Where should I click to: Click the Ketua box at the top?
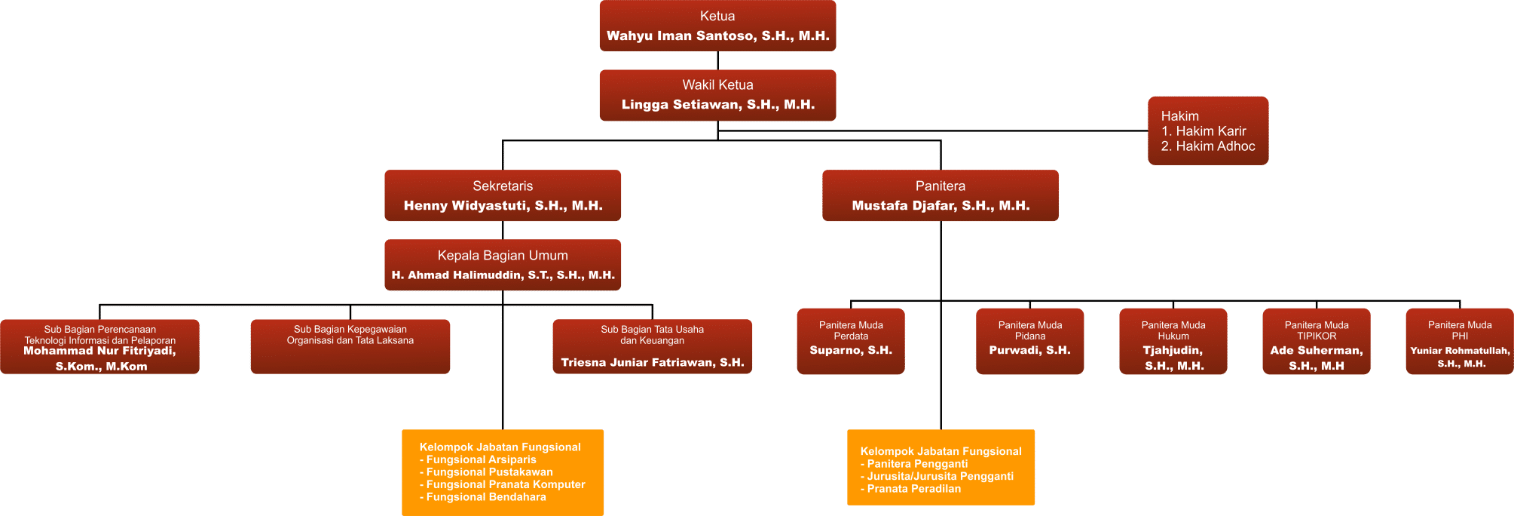[717, 26]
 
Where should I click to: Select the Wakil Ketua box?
[717, 95]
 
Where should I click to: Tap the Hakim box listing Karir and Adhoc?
[1208, 131]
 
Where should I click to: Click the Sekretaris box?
[503, 195]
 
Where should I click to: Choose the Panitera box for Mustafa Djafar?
[941, 195]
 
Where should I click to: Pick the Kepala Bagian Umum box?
[503, 265]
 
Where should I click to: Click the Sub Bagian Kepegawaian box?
[350, 346]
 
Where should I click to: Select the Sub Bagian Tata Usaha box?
[653, 346]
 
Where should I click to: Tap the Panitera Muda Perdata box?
[851, 341]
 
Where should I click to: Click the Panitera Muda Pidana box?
[1030, 341]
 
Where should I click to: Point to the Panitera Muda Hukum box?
[1173, 341]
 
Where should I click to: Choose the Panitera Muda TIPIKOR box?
[1317, 341]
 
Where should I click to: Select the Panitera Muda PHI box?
[1460, 341]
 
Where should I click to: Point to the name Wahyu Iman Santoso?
[682, 36]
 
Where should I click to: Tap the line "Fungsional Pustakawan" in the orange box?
[487, 472]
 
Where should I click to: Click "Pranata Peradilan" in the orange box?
[911, 489]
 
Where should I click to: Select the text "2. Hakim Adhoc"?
[1208, 146]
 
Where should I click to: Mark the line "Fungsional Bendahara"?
[483, 497]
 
